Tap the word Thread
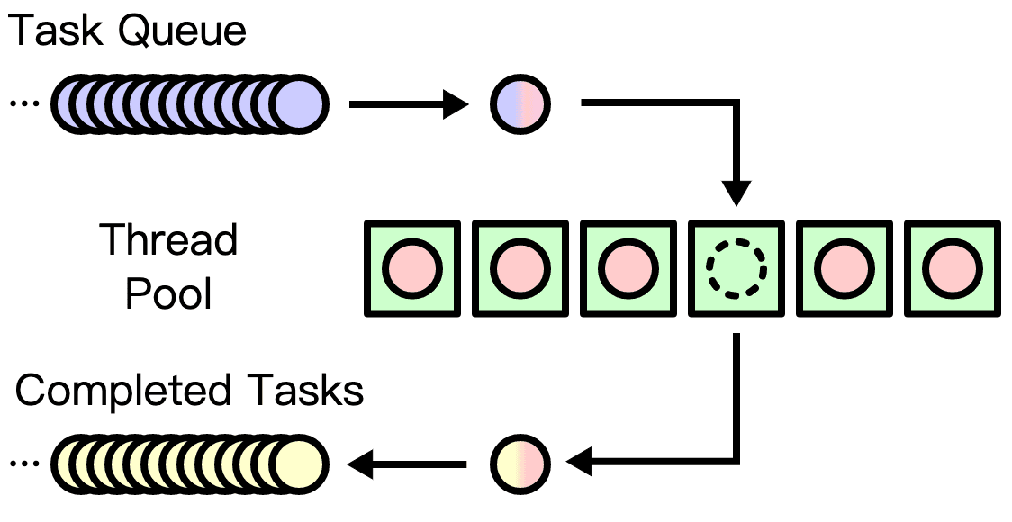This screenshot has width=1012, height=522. pyautogui.click(x=169, y=241)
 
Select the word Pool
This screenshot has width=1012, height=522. pyautogui.click(x=169, y=293)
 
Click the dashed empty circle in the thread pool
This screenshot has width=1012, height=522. pyautogui.click(x=736, y=268)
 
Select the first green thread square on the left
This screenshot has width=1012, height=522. pyautogui.click(x=412, y=268)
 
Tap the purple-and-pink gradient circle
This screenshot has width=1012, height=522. pyautogui.click(x=520, y=105)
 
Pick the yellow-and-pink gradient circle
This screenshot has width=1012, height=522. pyautogui.click(x=520, y=464)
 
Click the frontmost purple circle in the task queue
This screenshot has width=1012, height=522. pyautogui.click(x=297, y=105)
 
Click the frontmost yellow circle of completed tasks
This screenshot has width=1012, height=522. pyautogui.click(x=297, y=464)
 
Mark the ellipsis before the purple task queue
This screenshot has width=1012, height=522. pyautogui.click(x=24, y=105)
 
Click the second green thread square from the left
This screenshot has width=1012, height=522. pyautogui.click(x=520, y=268)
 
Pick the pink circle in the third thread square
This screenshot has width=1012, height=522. pyautogui.click(x=628, y=268)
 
